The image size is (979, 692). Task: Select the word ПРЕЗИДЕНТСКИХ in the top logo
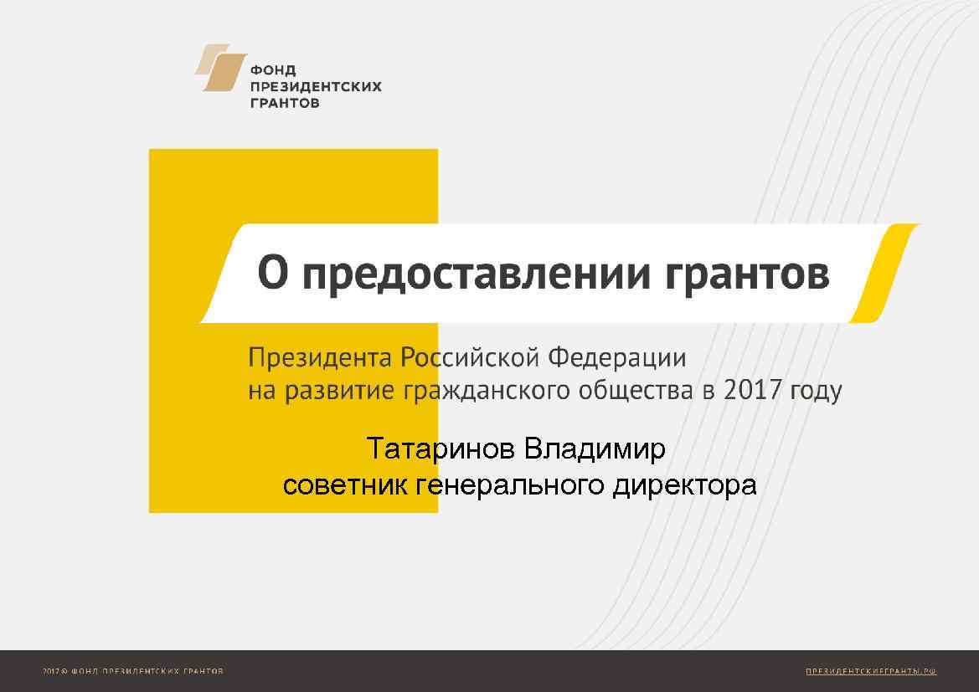tap(316, 87)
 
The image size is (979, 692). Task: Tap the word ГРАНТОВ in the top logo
tap(285, 104)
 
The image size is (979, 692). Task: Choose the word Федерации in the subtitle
tap(616, 359)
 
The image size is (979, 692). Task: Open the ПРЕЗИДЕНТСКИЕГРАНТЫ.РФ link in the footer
tap(871, 671)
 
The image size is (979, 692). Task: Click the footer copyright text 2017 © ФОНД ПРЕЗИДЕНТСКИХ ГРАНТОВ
tap(133, 671)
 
